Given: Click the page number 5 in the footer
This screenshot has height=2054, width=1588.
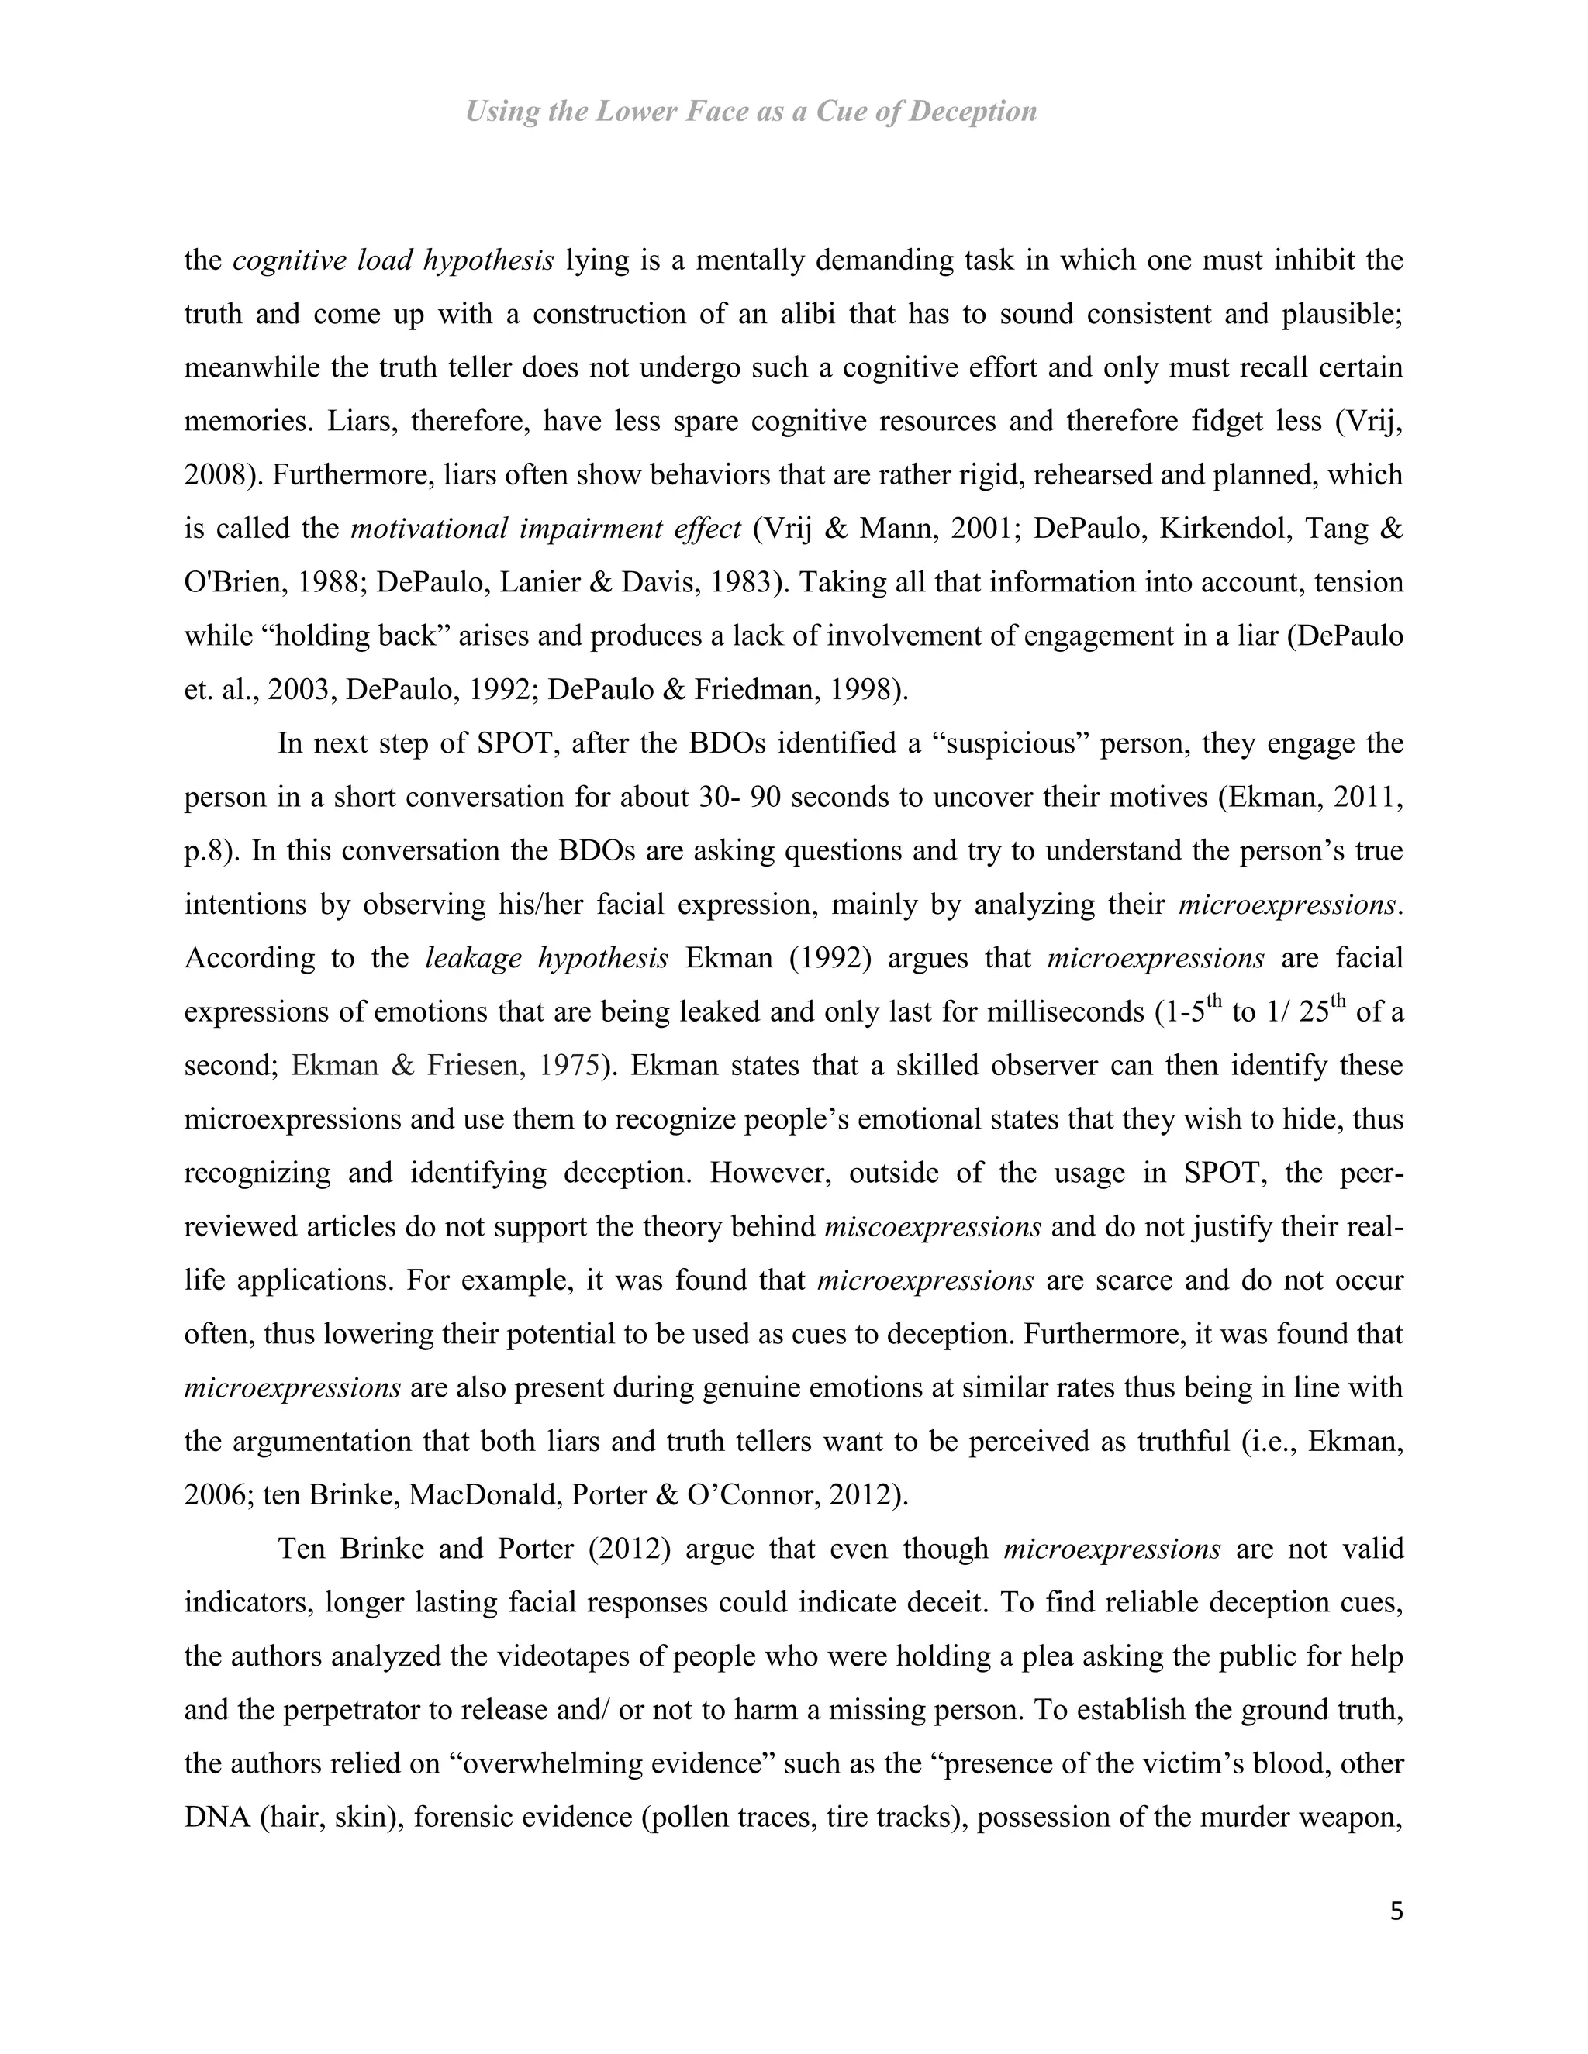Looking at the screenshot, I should (x=1396, y=1911).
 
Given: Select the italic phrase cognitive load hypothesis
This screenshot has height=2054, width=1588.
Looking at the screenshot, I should (x=392, y=260).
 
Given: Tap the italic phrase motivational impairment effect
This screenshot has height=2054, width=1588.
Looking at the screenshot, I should (x=546, y=529).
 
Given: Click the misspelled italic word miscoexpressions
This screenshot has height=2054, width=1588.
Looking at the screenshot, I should (x=932, y=1227).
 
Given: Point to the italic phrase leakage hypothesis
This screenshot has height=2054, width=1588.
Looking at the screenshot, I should (x=547, y=958).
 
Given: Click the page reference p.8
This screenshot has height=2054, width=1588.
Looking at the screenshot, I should (x=212, y=851).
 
